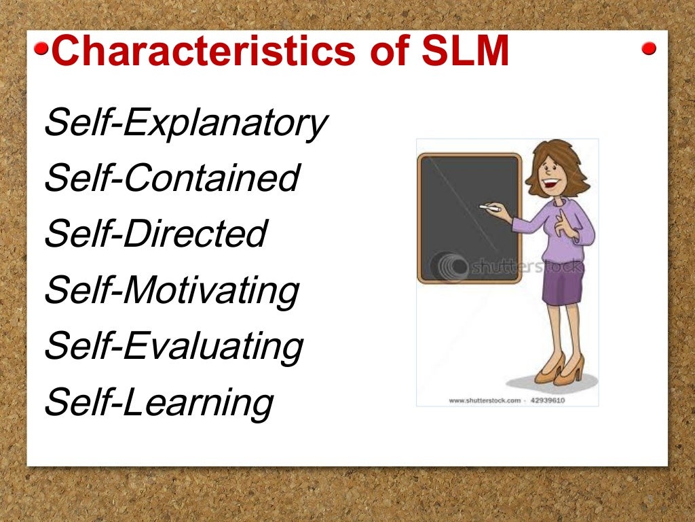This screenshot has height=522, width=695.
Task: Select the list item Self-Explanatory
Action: coord(185,124)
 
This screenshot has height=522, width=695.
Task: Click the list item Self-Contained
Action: coord(171,179)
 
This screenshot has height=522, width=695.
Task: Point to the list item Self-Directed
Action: coord(155,234)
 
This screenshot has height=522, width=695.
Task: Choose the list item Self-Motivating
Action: coord(171,290)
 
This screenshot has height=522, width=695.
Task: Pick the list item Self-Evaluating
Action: coord(173,346)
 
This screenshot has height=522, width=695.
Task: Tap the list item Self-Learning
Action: coord(158,402)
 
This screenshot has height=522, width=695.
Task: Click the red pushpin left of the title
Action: coord(41,49)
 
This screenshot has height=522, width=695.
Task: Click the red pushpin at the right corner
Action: coord(649,48)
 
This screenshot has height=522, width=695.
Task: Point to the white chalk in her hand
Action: coord(487,206)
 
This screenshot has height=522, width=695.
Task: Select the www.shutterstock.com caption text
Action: coord(485,400)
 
